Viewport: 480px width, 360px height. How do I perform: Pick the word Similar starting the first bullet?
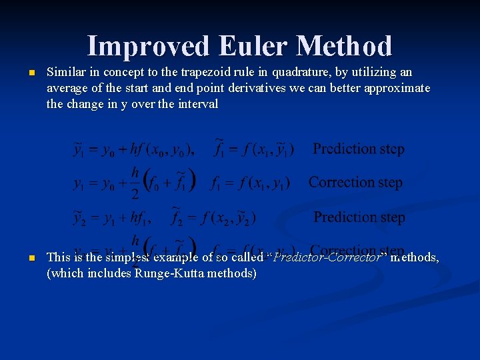[x=65, y=72]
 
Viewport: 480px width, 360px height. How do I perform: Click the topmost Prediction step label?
[x=359, y=149]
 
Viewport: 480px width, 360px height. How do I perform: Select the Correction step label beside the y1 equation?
[x=355, y=182]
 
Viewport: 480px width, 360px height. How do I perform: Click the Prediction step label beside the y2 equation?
[x=359, y=217]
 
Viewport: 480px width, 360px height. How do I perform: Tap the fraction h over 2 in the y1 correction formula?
[x=135, y=183]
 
